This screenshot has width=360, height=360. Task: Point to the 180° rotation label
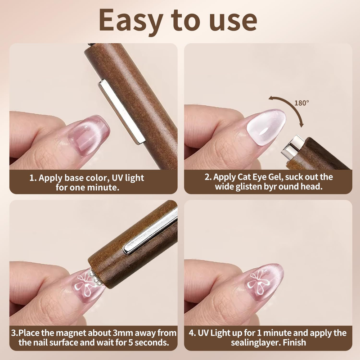click(x=301, y=103)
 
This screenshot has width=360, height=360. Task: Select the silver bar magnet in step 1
click(x=121, y=112)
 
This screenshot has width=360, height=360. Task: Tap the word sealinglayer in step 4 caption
click(x=256, y=343)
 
